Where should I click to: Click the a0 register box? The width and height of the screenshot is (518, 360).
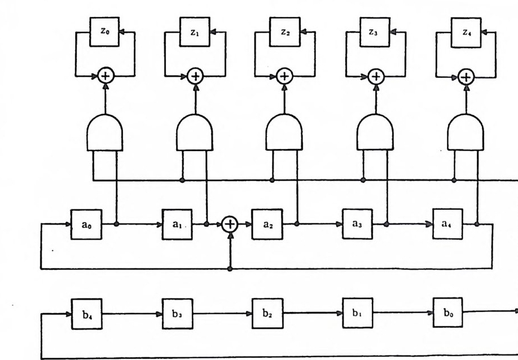click(x=85, y=223)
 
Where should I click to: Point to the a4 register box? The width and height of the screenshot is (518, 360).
click(x=447, y=223)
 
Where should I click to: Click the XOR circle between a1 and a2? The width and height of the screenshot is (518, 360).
click(x=229, y=224)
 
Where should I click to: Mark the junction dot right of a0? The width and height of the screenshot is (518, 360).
click(x=116, y=224)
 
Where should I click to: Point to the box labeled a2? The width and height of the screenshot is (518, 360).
click(x=267, y=223)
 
